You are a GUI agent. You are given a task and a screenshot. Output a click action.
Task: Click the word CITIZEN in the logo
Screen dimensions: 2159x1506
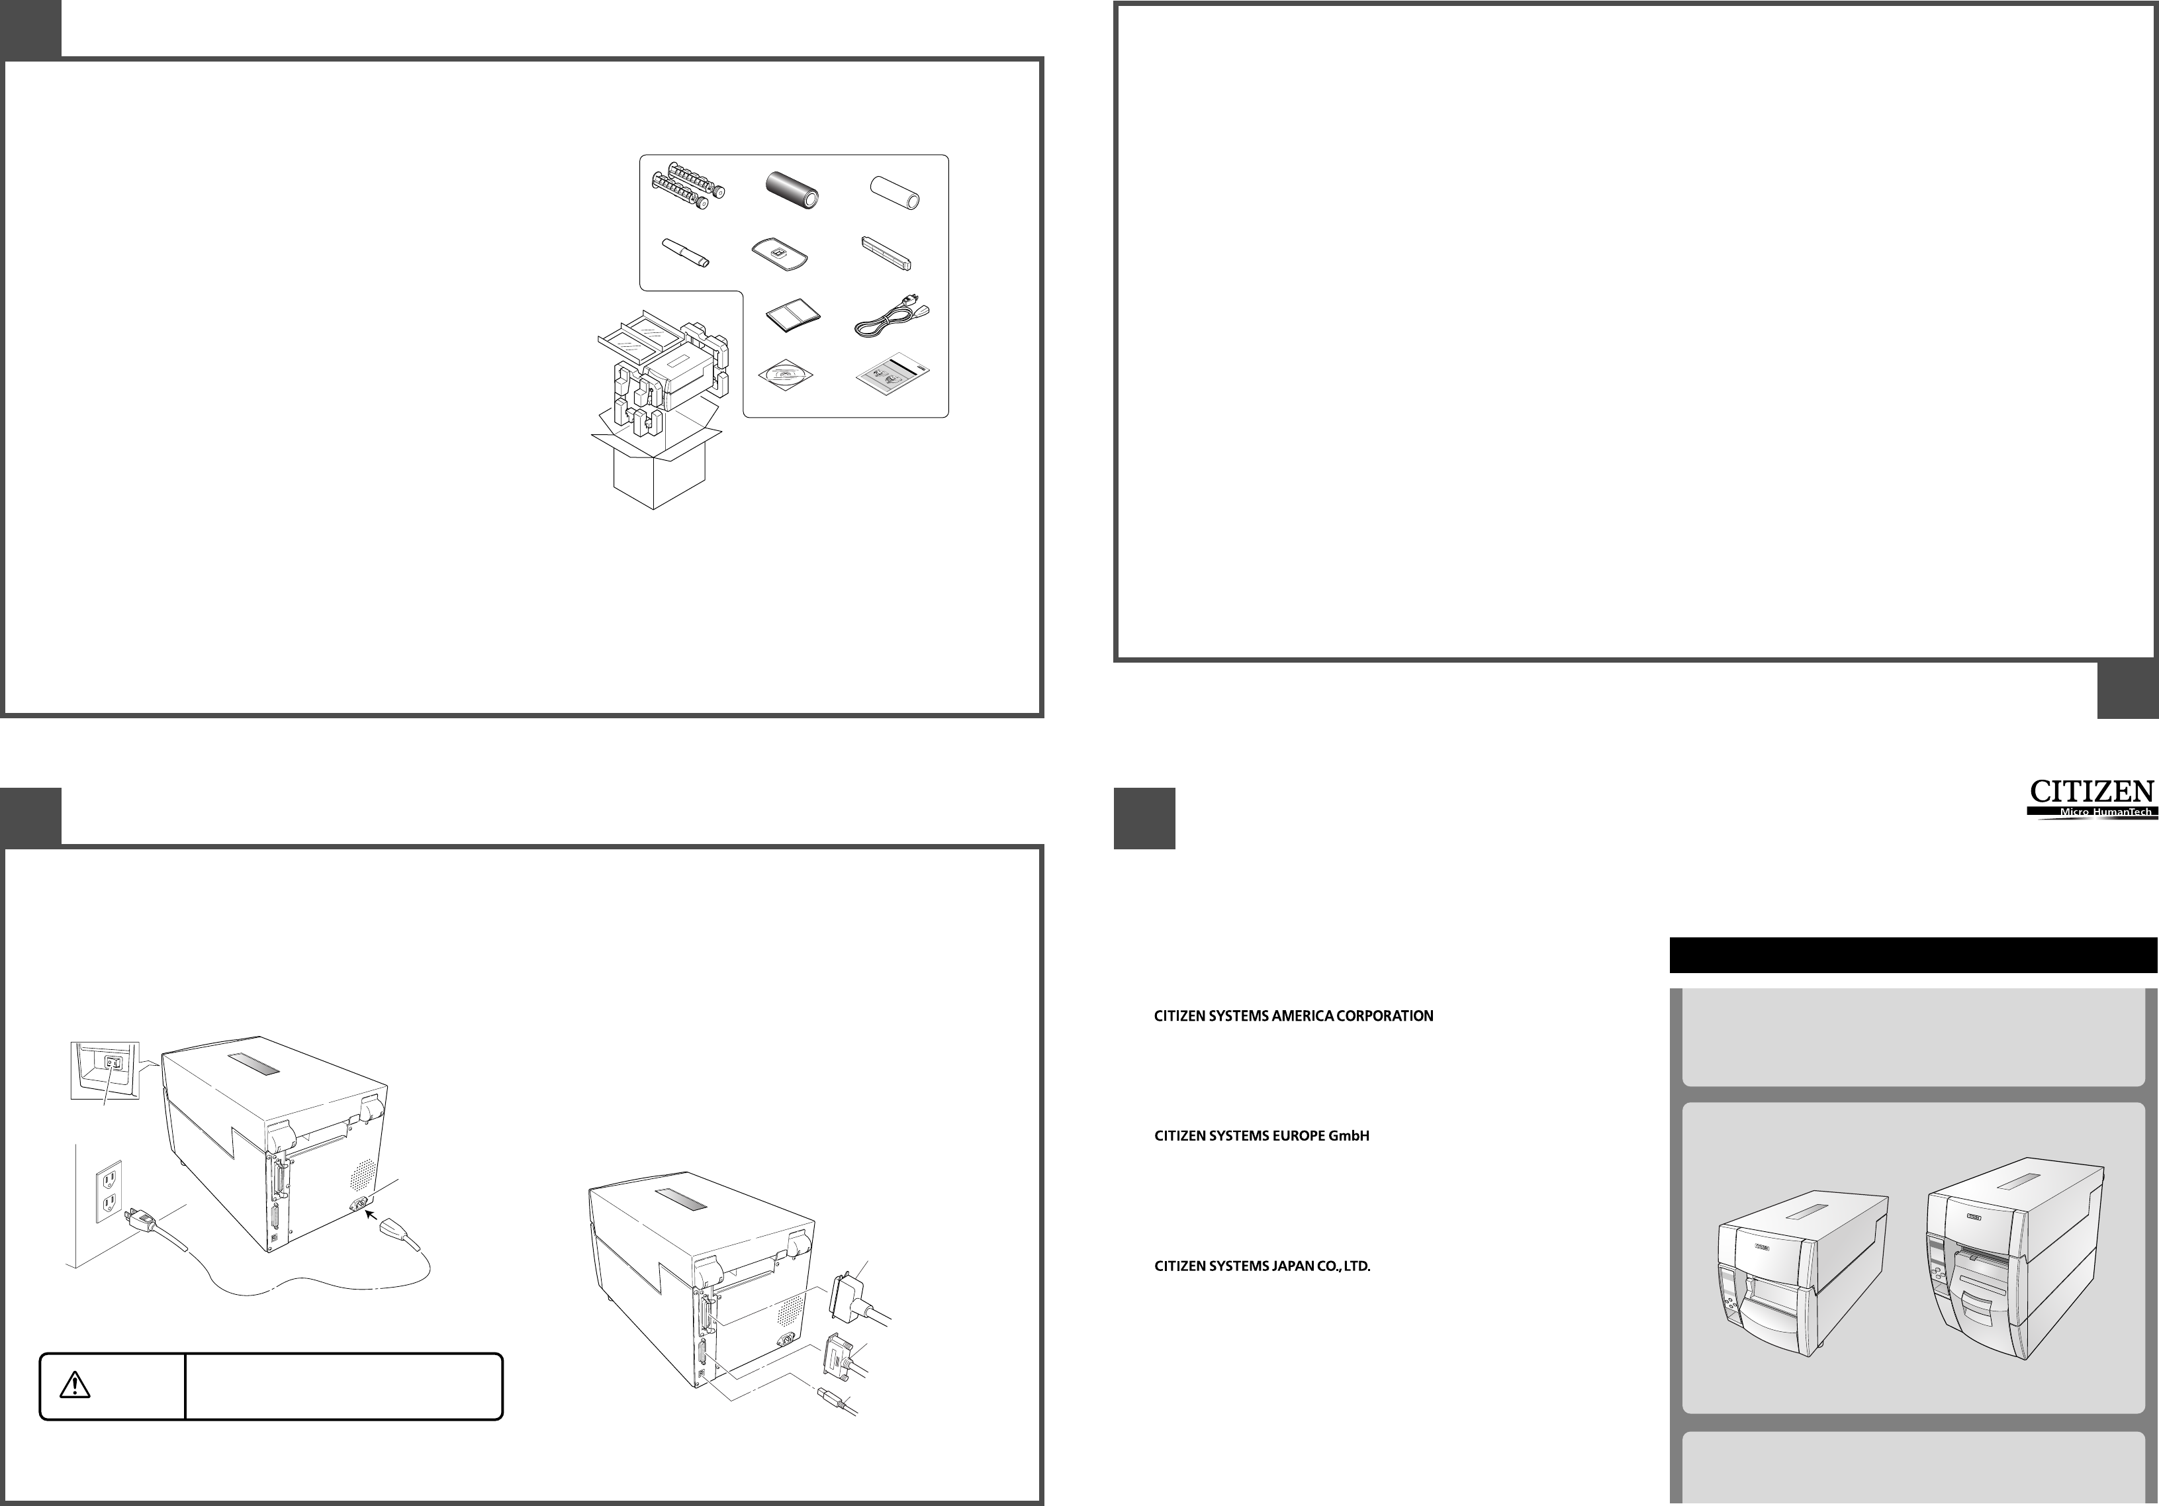tap(2090, 791)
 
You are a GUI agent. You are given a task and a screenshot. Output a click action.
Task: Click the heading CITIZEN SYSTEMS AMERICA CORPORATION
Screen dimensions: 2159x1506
tap(1293, 1016)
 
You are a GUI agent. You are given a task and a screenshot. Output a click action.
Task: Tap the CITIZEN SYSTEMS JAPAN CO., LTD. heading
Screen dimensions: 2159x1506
tap(1262, 1266)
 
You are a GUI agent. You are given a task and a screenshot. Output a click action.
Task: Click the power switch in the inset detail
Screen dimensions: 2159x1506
tap(114, 1063)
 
